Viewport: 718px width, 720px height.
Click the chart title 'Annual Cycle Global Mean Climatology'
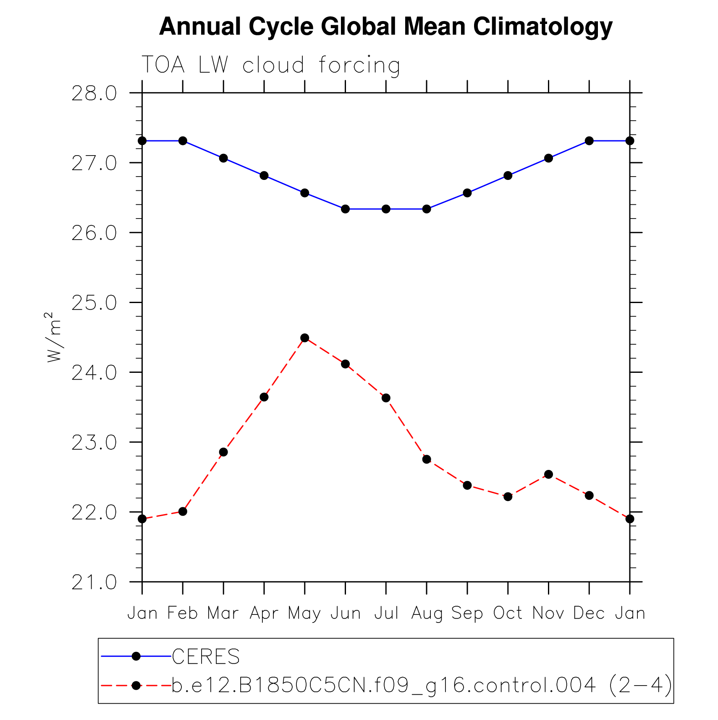pyautogui.click(x=385, y=27)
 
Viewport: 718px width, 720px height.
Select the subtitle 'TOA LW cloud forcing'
pyautogui.click(x=271, y=65)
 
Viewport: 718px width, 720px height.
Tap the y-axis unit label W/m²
pyautogui.click(x=54, y=337)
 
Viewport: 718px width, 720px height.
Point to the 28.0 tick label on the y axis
pyautogui.click(x=94, y=93)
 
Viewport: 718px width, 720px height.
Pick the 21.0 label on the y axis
pyautogui.click(x=94, y=583)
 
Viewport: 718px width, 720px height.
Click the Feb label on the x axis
pyautogui.click(x=182, y=613)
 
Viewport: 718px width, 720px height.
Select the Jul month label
pyautogui.click(x=386, y=613)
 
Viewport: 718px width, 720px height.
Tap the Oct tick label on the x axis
pyautogui.click(x=508, y=613)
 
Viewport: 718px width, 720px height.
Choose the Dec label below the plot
pyautogui.click(x=589, y=613)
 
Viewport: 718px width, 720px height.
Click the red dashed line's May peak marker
pyautogui.click(x=305, y=338)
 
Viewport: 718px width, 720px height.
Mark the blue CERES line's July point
pyautogui.click(x=386, y=209)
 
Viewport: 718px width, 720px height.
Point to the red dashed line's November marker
pyautogui.click(x=548, y=474)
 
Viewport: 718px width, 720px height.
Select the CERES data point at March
pyautogui.click(x=223, y=158)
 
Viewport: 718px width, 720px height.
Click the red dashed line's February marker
pyautogui.click(x=183, y=511)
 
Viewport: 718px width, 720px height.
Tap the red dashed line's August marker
pyautogui.click(x=427, y=459)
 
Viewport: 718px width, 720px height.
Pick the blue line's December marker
pyautogui.click(x=589, y=141)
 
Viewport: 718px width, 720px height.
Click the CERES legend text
pyautogui.click(x=206, y=657)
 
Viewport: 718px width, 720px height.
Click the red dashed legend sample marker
pyautogui.click(x=136, y=686)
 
